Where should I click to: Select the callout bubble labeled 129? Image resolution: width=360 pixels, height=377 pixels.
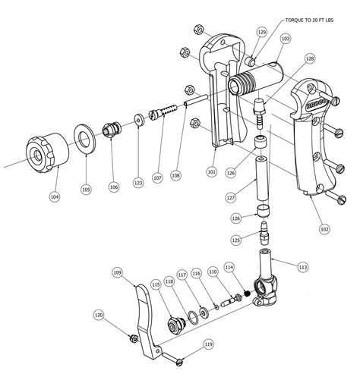262,33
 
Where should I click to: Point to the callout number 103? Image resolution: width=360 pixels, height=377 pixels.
285,37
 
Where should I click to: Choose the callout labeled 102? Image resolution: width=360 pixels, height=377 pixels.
324,227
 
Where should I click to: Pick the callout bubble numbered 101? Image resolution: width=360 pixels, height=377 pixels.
211,171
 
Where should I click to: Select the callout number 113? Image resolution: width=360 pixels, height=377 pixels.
302,266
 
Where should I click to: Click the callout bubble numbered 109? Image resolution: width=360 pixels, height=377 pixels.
118,272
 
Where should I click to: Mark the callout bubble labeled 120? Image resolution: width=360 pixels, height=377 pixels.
99,314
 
